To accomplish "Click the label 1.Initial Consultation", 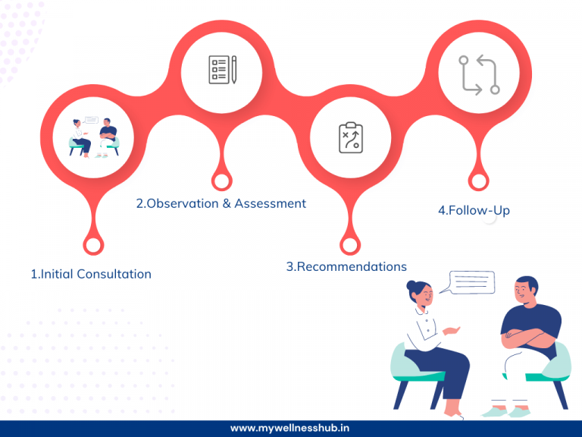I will (x=91, y=274).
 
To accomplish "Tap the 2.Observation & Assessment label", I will (x=221, y=203).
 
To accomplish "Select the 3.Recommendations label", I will (x=346, y=266).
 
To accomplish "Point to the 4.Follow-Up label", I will (x=474, y=210).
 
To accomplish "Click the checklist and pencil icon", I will (x=222, y=69).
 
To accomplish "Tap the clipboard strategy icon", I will (x=350, y=138).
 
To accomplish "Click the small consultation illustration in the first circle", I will (x=93, y=137).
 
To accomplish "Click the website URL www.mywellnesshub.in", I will (x=290, y=429).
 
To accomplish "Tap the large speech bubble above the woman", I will (x=471, y=283).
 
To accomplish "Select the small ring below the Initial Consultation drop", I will (x=93, y=246).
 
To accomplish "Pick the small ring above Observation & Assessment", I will (x=221, y=181).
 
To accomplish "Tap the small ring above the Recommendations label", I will (x=349, y=246).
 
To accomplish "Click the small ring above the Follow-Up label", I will (x=478, y=181).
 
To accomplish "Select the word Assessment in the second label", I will (x=271, y=203).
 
